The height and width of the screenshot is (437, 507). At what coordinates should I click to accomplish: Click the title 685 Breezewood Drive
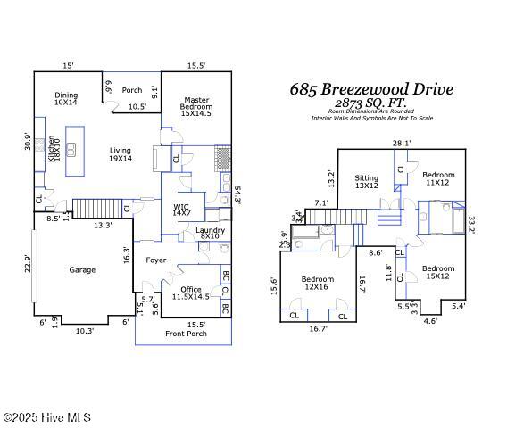pyautogui.click(x=371, y=89)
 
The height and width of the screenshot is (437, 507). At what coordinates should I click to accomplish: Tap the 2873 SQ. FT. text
pyautogui.click(x=370, y=103)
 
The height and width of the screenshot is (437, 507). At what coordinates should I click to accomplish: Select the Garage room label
pyautogui.click(x=82, y=269)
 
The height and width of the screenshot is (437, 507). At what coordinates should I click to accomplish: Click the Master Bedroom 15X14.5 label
pyautogui.click(x=196, y=107)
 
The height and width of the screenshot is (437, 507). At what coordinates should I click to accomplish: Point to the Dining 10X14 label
pyautogui.click(x=67, y=99)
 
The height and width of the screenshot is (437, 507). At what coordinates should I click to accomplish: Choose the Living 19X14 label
pyautogui.click(x=121, y=154)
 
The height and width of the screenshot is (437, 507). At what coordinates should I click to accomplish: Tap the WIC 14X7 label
pyautogui.click(x=181, y=211)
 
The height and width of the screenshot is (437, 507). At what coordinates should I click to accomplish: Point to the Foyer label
pyautogui.click(x=157, y=260)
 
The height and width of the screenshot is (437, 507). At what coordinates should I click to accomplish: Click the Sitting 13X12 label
pyautogui.click(x=367, y=182)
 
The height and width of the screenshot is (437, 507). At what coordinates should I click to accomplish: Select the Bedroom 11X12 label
pyautogui.click(x=438, y=178)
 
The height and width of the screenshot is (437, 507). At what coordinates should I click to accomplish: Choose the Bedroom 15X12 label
pyautogui.click(x=438, y=273)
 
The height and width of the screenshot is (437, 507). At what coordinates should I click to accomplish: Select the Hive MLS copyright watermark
pyautogui.click(x=46, y=417)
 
